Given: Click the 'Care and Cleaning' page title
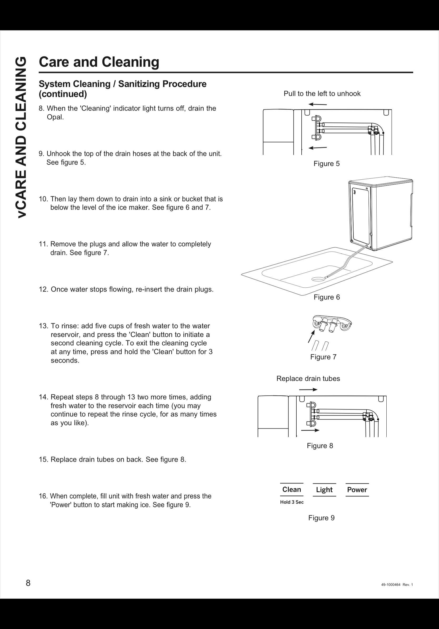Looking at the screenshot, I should [x=99, y=62].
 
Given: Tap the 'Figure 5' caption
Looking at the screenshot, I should [x=326, y=164].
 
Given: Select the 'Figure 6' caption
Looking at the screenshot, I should [x=327, y=297].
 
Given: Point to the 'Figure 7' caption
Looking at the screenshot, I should [x=323, y=357].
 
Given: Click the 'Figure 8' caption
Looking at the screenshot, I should [x=320, y=445].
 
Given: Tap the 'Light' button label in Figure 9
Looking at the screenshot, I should [x=324, y=490].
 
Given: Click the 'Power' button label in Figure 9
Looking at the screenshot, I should [x=357, y=490].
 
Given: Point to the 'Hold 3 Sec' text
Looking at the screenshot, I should [x=292, y=502].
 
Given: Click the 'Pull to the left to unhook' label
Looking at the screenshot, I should [x=322, y=94].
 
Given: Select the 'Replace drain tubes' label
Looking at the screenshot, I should [x=308, y=378].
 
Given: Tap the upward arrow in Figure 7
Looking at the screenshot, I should [x=310, y=337].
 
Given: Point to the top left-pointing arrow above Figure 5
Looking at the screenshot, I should [x=317, y=104].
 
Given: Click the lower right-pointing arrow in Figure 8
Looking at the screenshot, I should [x=310, y=430].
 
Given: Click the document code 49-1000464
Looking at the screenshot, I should [x=391, y=585].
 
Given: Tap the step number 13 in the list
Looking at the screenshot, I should [x=43, y=326].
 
